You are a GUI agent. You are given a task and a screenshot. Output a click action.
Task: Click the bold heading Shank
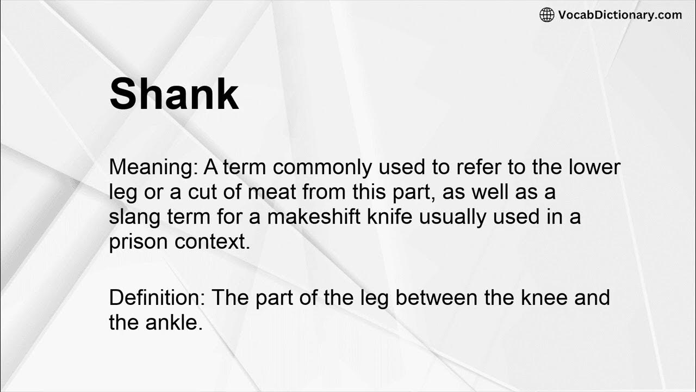(x=174, y=94)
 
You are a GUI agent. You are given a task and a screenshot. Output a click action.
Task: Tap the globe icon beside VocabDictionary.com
(x=546, y=15)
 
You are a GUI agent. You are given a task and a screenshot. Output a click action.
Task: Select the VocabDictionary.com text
(x=620, y=15)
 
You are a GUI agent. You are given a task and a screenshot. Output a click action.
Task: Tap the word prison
(x=138, y=242)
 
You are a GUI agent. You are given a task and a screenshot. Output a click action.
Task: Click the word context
(x=212, y=242)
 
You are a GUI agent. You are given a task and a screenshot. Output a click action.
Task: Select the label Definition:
(x=157, y=298)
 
